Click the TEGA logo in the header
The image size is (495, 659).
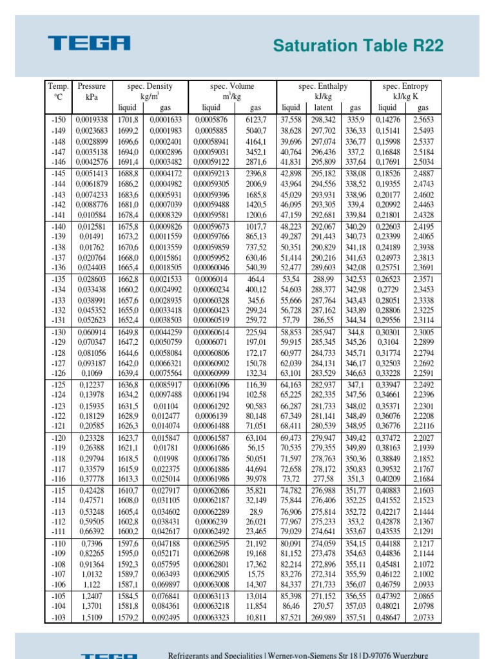coord(90,44)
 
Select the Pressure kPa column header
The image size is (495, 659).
coord(92,91)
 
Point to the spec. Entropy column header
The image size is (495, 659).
coord(405,86)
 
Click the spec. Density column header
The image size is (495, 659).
coord(150,86)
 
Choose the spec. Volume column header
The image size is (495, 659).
coord(232,86)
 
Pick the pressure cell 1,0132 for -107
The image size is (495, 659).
coord(92,575)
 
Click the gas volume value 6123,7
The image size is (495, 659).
coord(255,120)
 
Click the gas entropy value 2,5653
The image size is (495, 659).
coord(423,120)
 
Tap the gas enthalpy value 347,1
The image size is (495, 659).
coord(356,385)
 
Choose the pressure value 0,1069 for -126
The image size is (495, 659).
coord(92,373)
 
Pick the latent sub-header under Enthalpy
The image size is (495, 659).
coord(323,107)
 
